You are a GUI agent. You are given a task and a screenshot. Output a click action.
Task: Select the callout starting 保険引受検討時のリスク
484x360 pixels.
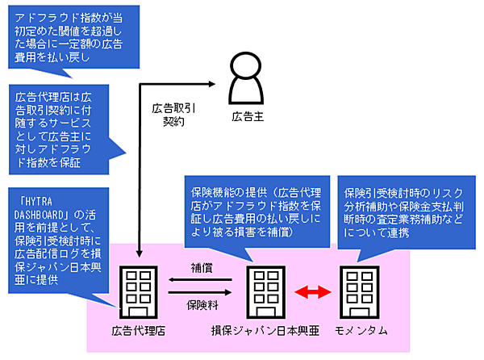403,206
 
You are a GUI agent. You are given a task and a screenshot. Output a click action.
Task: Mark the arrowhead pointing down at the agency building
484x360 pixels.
140,257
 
